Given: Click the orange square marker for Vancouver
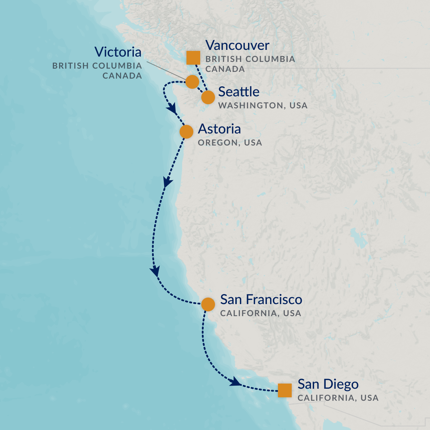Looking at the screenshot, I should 193,58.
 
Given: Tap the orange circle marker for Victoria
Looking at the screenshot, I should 192,82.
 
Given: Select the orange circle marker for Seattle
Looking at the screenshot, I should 208,97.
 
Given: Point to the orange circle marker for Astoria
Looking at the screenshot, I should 186,131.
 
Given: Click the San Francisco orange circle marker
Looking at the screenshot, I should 208,304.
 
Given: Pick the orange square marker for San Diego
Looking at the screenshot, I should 285,390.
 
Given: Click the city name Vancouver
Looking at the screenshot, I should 237,45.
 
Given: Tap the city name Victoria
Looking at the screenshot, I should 118,52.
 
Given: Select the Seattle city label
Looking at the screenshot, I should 239,92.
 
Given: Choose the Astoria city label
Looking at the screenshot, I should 219,129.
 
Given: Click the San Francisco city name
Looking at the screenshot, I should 261,299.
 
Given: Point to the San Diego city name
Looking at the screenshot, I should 328,384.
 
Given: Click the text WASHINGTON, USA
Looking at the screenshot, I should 263,105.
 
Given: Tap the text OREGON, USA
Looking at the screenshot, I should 230,142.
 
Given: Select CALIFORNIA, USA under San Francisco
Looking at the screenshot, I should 260,313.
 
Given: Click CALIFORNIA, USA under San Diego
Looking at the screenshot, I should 338,398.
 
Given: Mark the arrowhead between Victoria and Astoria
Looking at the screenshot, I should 172,110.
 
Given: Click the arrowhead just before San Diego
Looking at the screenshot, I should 235,381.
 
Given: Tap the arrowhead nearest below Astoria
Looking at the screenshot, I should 168,182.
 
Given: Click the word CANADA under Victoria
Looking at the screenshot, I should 122,75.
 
